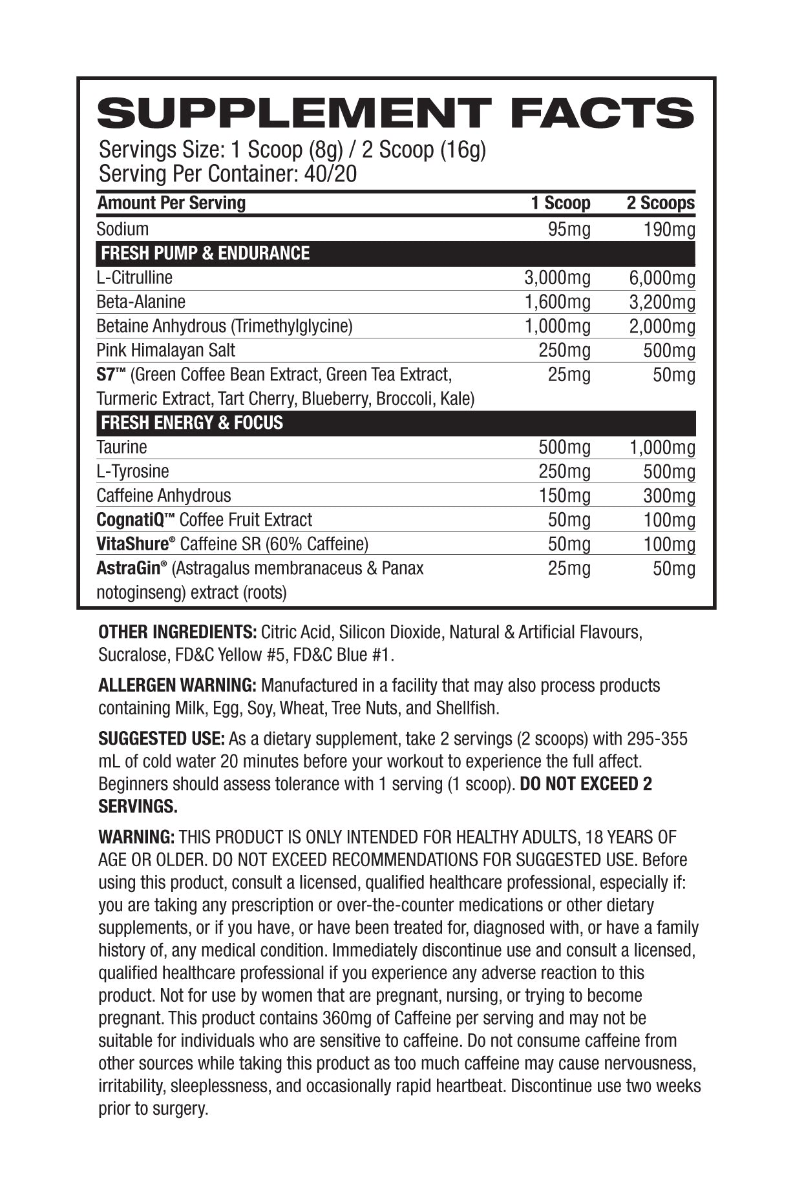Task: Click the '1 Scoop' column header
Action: (x=560, y=203)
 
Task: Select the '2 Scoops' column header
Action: (x=661, y=203)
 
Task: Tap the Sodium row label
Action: (x=122, y=229)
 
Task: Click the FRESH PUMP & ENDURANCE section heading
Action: (x=206, y=253)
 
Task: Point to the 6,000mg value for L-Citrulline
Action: (x=662, y=278)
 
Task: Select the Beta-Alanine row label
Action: (x=141, y=302)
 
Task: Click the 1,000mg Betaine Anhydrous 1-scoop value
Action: (x=557, y=326)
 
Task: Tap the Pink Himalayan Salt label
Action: (x=165, y=351)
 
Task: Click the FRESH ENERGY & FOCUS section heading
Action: (x=192, y=423)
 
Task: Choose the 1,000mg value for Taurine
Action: (x=662, y=448)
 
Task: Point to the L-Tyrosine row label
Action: (x=132, y=471)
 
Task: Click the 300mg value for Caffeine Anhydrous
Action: (x=670, y=496)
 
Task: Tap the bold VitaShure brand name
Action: (x=132, y=544)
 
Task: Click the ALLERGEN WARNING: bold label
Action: (x=178, y=685)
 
